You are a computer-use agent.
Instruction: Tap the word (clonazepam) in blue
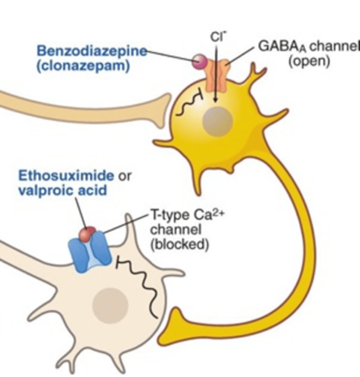pyautogui.click(x=83, y=66)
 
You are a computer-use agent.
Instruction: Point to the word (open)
pyautogui.click(x=309, y=61)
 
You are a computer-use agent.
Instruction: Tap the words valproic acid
pyautogui.click(x=62, y=190)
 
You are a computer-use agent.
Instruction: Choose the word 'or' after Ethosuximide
pyautogui.click(x=124, y=176)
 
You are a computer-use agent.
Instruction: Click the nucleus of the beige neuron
pyautogui.click(x=110, y=304)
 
